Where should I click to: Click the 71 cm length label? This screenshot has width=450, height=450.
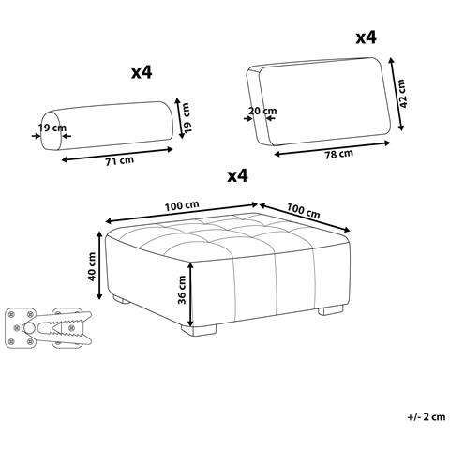tap(119, 160)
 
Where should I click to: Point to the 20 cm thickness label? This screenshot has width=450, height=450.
tap(262, 111)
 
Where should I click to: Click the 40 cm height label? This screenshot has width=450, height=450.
tap(92, 266)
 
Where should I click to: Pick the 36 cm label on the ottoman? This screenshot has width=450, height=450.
tap(182, 290)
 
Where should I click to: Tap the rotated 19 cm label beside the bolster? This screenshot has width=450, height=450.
tap(187, 118)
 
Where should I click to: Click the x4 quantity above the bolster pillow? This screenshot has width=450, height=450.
tap(142, 72)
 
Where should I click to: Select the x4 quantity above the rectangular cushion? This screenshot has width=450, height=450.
tap(367, 37)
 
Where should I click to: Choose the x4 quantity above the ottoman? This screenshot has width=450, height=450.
tap(237, 176)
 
